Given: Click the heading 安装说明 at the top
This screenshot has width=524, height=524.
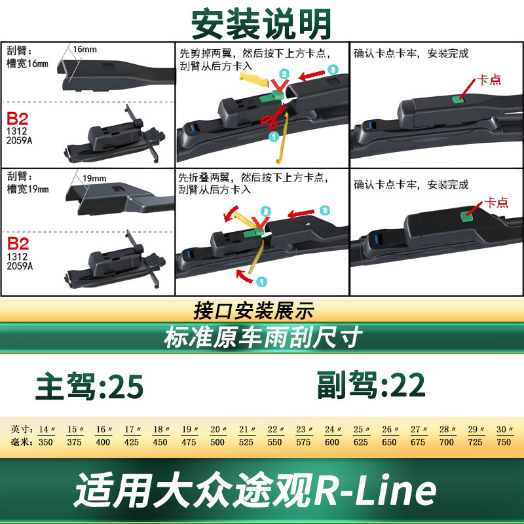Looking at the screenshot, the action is tap(261, 24).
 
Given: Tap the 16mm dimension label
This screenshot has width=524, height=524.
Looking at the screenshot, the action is tap(85, 50).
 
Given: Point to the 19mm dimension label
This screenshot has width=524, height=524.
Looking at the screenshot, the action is tap(94, 178).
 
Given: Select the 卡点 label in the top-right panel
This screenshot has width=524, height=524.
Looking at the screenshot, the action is tap(489, 79).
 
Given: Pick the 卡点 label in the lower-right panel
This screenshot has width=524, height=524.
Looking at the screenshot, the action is tap(496, 202).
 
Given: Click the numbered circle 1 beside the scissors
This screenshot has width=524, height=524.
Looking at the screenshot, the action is tap(274, 136).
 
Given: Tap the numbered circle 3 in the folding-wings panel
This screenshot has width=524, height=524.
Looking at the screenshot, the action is tap(324, 210).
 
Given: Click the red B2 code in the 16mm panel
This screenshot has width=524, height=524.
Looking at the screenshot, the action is tap(18, 119).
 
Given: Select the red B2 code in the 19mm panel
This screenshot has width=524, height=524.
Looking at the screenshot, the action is tap(18, 244).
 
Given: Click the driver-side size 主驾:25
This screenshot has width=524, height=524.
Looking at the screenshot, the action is tap(90, 386).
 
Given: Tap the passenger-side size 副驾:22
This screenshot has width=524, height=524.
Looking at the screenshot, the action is tap(371, 384).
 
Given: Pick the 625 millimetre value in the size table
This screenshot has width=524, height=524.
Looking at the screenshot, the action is tap(361, 442).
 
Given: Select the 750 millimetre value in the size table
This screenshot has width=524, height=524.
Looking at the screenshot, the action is tap(504, 442).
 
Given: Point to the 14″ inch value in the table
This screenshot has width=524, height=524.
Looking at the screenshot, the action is tap(47, 430).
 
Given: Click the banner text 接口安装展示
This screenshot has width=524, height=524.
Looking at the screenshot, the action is tap(254, 310).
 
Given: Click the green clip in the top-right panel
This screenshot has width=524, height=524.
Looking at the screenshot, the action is tap(457, 100).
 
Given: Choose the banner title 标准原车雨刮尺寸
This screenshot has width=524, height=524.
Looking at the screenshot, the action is tap(263, 337).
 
